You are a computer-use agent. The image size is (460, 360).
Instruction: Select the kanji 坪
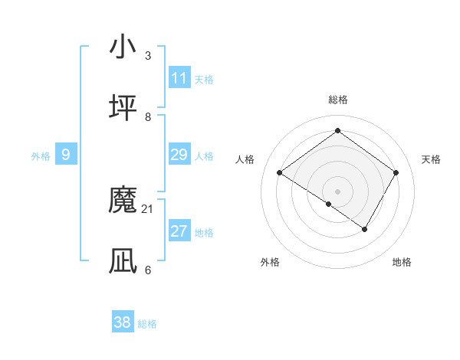123,108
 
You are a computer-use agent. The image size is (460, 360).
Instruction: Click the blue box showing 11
179,78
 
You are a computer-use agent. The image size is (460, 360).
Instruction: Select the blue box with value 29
179,155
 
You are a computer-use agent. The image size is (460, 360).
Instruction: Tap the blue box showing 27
179,231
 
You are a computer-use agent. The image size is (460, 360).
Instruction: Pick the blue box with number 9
66,155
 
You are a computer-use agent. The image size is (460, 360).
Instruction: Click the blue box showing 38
123,322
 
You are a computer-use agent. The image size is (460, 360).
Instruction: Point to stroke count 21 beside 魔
148,208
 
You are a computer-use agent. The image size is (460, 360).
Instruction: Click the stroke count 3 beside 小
148,55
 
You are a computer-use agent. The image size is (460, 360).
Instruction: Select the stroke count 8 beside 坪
148,116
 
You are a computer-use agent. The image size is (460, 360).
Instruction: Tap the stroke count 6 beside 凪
148,270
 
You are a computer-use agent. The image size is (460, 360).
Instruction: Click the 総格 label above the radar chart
338,100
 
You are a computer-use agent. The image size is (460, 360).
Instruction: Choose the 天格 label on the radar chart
431,159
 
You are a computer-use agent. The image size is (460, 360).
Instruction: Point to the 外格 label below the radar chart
270,262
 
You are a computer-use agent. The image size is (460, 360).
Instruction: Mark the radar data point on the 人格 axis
280,173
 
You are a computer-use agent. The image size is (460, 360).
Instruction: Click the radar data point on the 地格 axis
365,229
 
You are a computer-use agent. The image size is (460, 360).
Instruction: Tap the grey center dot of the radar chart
338,191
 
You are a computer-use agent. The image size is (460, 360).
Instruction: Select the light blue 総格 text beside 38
147,324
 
